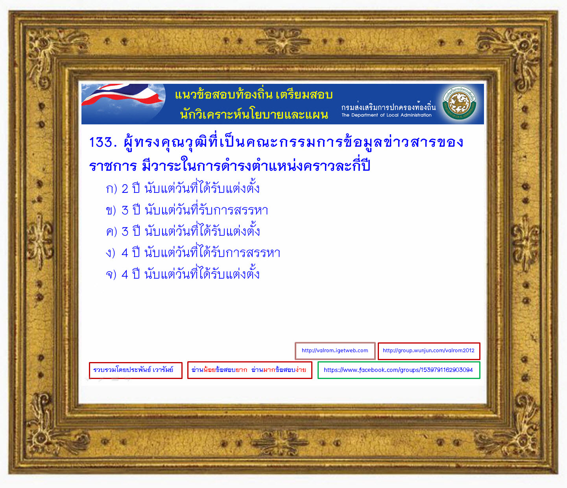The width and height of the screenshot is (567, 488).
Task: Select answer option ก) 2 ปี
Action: (183, 188)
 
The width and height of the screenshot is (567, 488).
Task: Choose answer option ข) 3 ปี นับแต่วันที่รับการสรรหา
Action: (187, 209)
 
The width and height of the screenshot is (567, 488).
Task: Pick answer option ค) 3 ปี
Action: (183, 231)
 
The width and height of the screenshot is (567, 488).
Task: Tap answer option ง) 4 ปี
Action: (193, 252)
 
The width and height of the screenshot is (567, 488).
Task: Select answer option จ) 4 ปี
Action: (183, 274)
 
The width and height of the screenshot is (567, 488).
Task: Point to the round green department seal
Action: (459, 103)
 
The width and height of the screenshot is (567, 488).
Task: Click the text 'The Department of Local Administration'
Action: (386, 115)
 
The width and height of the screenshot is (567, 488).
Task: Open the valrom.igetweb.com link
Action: (335, 351)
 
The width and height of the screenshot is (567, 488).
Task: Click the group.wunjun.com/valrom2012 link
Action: (429, 351)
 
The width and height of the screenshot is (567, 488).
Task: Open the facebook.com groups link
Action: (399, 370)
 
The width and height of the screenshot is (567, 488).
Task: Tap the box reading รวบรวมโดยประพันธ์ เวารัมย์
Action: (135, 370)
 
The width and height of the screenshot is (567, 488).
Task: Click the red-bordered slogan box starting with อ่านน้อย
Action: (249, 370)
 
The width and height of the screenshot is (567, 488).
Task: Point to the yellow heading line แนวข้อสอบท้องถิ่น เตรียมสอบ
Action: (254, 95)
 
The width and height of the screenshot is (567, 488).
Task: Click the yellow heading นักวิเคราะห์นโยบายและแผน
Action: (254, 114)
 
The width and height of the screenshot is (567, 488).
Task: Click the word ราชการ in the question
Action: (113, 166)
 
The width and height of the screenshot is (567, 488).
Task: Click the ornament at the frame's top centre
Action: (283, 41)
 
